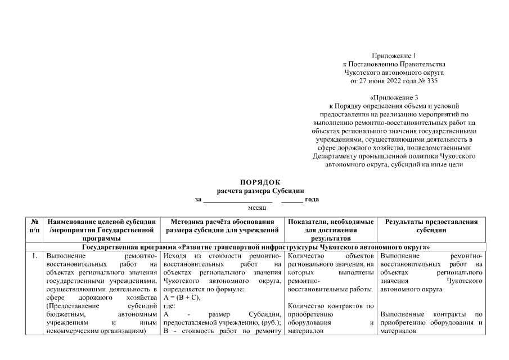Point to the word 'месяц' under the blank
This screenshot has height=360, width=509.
(x=256, y=208)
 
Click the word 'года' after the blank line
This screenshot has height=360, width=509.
(x=312, y=199)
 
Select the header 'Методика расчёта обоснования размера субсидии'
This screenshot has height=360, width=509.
(x=222, y=226)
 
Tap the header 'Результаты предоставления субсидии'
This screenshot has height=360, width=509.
(x=431, y=226)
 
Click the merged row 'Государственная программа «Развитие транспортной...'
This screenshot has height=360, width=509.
(x=256, y=247)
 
